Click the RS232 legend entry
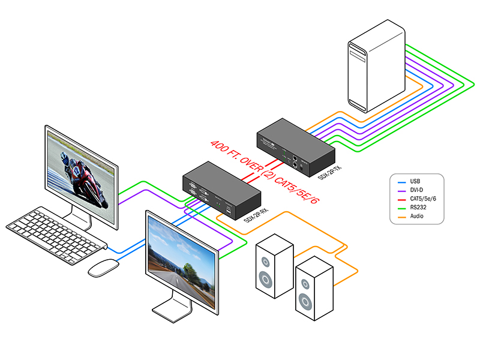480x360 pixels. click(x=418, y=208)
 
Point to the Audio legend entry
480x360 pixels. click(x=417, y=216)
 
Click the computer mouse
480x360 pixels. click(x=104, y=268)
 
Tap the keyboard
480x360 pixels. click(x=57, y=234)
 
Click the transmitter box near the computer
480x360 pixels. click(x=294, y=147)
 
